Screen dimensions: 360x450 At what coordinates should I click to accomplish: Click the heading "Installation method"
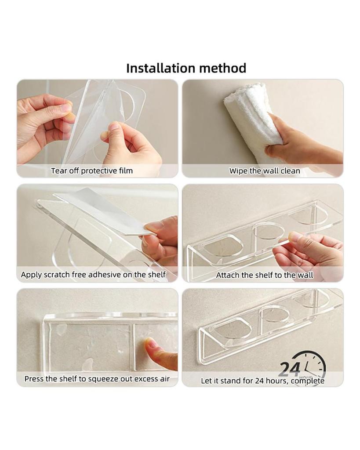coord(186,68)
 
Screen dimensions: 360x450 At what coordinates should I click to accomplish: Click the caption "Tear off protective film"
coord(92,171)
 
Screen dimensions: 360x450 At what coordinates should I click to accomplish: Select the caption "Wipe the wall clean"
coord(265,171)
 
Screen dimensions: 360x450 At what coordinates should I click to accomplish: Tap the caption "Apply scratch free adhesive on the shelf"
coord(93,275)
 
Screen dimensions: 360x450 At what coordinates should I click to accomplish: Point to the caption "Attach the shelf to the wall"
coord(265,275)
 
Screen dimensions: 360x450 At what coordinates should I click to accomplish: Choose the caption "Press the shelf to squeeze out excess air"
coord(97,379)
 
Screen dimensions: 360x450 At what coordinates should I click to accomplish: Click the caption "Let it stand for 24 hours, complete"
coord(262,381)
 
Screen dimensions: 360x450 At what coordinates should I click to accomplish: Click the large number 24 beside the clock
coord(290,369)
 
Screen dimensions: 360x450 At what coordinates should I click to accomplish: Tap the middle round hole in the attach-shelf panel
coord(268,231)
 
